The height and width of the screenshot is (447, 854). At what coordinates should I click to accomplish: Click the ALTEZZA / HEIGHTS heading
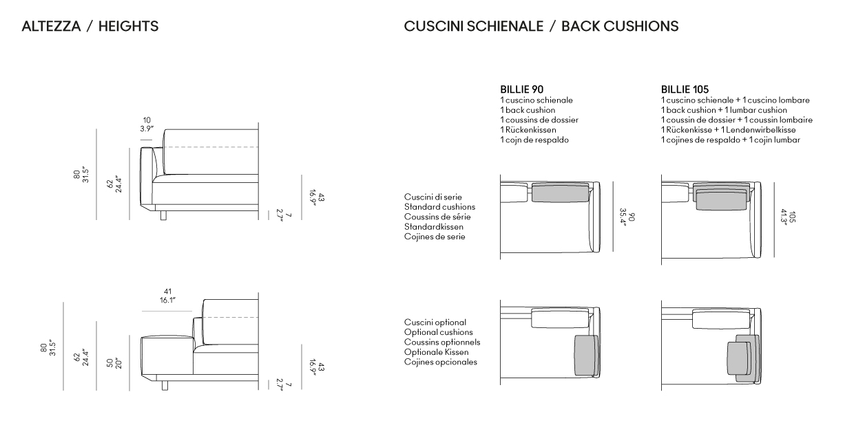(x=90, y=26)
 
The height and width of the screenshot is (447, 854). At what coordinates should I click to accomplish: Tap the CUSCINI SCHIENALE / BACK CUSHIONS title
(x=541, y=26)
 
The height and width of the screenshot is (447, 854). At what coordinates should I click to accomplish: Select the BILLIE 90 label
(x=522, y=89)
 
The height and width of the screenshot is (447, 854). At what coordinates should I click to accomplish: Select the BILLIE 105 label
(x=685, y=89)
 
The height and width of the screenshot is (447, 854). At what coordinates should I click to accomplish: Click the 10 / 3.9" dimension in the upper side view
(x=147, y=124)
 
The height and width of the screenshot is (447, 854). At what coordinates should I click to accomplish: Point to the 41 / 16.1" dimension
(x=167, y=296)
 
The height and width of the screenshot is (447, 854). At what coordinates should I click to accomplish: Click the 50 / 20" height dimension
(x=114, y=363)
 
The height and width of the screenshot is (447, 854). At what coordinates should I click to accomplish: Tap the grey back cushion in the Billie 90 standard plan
(x=560, y=193)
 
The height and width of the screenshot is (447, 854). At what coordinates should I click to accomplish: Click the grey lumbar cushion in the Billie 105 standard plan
(x=721, y=201)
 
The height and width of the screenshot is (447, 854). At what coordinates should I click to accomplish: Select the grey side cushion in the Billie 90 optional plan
(x=586, y=355)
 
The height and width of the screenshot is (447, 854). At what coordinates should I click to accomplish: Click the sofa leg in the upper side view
(x=163, y=215)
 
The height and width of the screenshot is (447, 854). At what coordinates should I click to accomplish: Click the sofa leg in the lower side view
(x=165, y=385)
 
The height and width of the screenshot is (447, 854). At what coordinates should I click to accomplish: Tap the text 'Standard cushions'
(x=439, y=207)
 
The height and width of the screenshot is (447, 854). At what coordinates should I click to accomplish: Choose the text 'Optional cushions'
(x=439, y=332)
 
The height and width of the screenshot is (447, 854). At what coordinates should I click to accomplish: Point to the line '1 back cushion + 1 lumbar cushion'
(x=724, y=110)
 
